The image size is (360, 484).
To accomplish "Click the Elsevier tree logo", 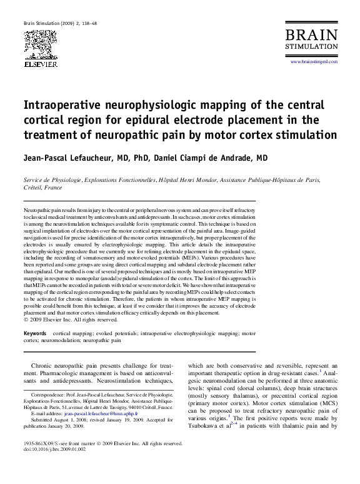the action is click(40, 44).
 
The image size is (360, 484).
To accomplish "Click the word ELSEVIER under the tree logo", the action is click(40, 64).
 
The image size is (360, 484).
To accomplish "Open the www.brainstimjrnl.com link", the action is click(314, 62).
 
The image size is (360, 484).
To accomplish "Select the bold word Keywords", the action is click(35, 334).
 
